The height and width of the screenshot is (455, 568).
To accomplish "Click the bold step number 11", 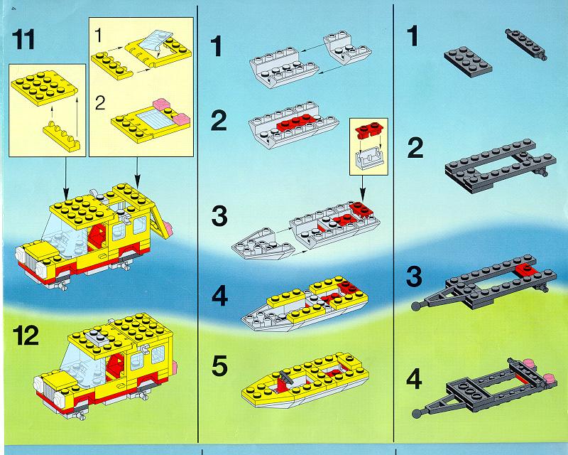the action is tap(23, 39).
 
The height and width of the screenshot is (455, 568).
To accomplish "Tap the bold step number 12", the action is tap(26, 336).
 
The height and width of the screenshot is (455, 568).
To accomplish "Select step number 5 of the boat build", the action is tap(219, 365).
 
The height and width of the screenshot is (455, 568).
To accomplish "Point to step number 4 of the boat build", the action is tap(220, 296).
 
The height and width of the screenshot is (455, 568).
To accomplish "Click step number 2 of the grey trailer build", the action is tap(415, 149).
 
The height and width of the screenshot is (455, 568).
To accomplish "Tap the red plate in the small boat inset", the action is tap(368, 132).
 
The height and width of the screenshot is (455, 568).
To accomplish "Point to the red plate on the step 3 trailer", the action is tap(525, 270).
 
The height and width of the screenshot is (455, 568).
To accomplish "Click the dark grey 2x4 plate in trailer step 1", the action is tap(468, 61).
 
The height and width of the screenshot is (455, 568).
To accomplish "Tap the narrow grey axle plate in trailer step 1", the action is tap(526, 44).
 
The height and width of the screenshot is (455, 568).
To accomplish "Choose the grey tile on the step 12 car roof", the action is tap(97, 337).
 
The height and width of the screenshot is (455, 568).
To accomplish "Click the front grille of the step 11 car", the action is tap(27, 259).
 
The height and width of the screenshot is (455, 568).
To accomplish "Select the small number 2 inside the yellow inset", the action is tap(100, 102).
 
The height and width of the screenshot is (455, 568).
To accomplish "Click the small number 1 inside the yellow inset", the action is tap(99, 36).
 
